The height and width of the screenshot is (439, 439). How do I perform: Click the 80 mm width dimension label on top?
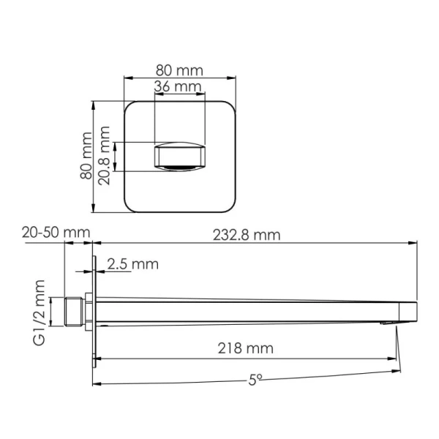179,70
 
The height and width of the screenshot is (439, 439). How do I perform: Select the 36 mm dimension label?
179,87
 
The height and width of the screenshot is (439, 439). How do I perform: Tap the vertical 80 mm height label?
86,155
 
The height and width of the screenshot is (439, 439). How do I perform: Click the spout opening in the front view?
179,158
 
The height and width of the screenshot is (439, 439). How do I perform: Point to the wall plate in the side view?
94,311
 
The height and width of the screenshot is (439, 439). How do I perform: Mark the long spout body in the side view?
249,309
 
